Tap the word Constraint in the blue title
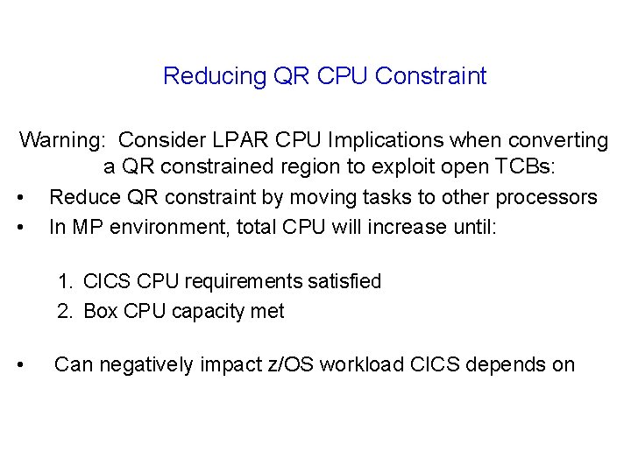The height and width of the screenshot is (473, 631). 430,77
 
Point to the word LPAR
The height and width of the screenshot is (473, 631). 259,140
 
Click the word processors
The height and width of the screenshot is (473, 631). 543,197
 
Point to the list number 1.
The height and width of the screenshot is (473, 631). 66,281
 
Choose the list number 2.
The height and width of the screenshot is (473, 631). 66,312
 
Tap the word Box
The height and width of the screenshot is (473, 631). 102,312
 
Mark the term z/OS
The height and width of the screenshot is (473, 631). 285,364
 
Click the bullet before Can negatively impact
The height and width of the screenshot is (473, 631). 30,364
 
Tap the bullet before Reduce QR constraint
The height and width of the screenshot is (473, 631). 30,197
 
